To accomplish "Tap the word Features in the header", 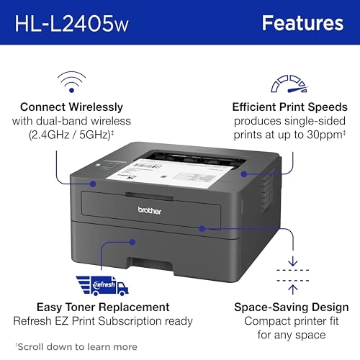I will point(302,22).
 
